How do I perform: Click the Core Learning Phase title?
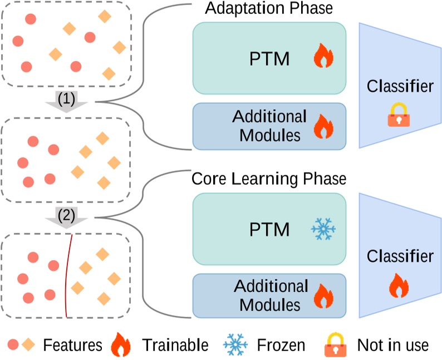coord(269,179)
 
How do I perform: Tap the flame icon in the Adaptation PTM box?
coord(323,57)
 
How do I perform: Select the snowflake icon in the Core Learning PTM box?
coord(323,229)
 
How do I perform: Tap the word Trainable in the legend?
coord(175,345)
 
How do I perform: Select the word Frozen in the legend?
coord(281,345)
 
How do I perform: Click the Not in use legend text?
coord(392,345)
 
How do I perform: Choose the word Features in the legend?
coord(72,345)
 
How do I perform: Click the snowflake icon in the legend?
coord(235,345)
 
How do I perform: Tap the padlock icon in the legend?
coord(335,345)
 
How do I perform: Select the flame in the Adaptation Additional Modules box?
coord(323,126)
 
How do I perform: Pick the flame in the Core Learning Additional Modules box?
coord(323,296)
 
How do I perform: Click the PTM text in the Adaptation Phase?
coord(270,58)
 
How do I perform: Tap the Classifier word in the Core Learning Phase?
coord(400,256)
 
